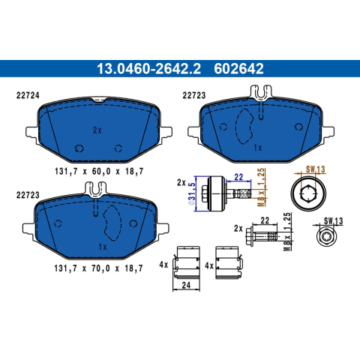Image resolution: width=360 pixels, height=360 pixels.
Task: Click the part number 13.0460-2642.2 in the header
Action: pyautogui.click(x=148, y=69)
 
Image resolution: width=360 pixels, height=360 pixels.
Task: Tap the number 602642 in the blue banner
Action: pyautogui.click(x=238, y=69)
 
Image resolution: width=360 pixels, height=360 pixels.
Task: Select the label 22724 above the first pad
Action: pyautogui.click(x=28, y=95)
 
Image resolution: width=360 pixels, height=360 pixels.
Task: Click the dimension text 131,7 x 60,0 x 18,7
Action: pyautogui.click(x=99, y=172)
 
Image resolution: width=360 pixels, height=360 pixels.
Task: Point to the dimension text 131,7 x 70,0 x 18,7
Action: pyautogui.click(x=98, y=268)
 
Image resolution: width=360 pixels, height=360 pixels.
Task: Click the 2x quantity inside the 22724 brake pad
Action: pyautogui.click(x=97, y=130)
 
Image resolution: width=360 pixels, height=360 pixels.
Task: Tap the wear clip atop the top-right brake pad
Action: pyautogui.click(x=261, y=91)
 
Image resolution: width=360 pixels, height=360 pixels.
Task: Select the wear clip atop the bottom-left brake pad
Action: pyautogui.click(x=96, y=189)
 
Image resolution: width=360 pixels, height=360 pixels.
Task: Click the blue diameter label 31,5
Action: pyautogui.click(x=192, y=194)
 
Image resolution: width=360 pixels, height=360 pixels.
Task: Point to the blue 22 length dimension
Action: pyautogui.click(x=238, y=177)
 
